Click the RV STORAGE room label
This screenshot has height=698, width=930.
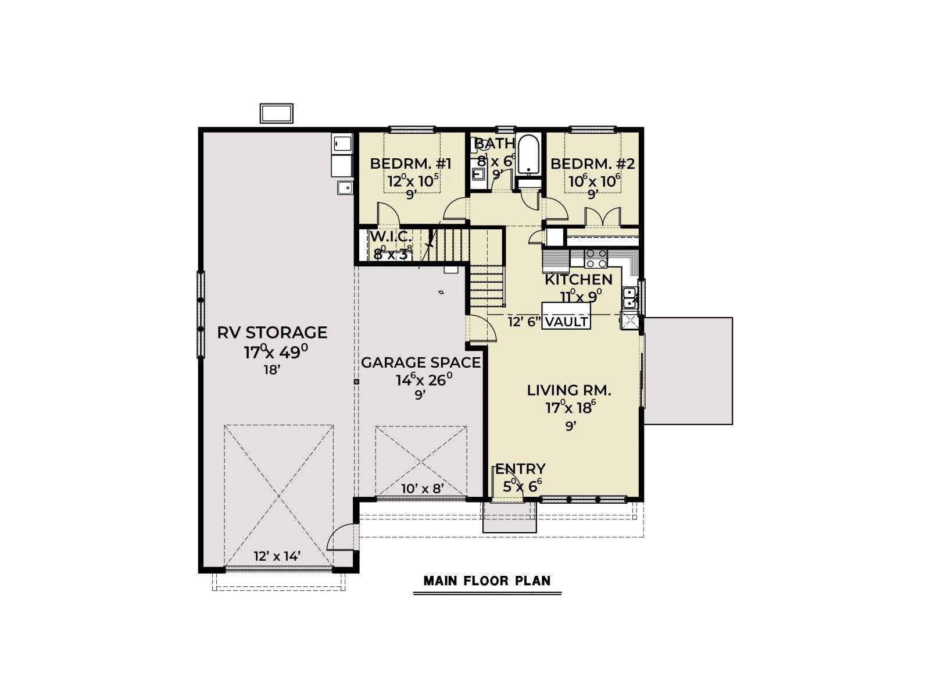(272, 333)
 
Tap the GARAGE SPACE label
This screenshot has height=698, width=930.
(421, 363)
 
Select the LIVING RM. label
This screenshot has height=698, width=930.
(569, 390)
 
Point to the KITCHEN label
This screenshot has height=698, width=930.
(578, 280)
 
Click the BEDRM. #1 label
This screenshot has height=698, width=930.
(410, 163)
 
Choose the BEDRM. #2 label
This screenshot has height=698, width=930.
(592, 163)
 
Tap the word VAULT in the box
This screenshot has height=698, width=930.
(567, 322)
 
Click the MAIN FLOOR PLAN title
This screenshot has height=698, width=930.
(487, 581)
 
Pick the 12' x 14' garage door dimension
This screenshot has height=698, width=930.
(277, 556)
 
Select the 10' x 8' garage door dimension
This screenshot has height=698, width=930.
(423, 489)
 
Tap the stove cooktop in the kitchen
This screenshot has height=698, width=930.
(596, 258)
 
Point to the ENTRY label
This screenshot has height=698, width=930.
(520, 469)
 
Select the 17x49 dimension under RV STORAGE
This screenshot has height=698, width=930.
(276, 352)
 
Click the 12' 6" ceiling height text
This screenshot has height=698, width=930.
(524, 322)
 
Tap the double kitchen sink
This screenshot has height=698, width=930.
(629, 297)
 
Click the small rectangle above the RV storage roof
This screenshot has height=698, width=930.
(276, 113)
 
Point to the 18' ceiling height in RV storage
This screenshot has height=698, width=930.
(271, 370)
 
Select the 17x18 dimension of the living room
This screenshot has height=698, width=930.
(570, 408)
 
